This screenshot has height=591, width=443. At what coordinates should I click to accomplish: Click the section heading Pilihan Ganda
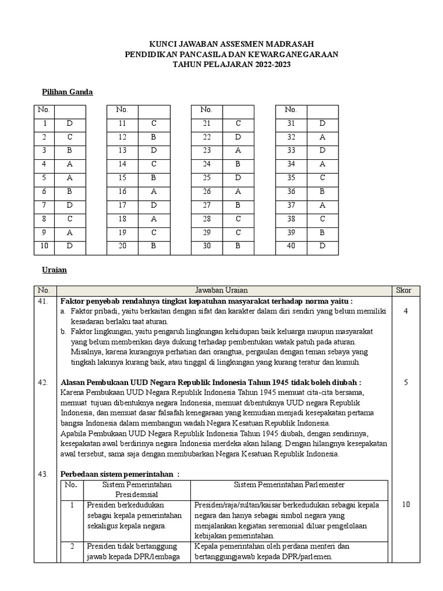pos(67,92)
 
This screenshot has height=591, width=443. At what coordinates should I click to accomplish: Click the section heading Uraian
pos(54,270)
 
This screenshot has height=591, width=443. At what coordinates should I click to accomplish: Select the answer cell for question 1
pos(70,124)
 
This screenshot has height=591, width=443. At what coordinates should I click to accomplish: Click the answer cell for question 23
pos(238,151)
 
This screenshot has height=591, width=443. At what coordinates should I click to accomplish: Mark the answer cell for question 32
pos(322,137)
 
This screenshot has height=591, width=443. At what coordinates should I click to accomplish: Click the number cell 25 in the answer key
pos(207,178)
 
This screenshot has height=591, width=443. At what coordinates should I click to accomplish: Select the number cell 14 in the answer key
pos(122,164)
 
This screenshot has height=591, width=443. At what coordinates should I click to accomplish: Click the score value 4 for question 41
pos(406,311)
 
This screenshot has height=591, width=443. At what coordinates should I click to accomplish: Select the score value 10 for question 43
pos(406,504)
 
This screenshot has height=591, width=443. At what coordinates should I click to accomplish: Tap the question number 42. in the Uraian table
pos(43,382)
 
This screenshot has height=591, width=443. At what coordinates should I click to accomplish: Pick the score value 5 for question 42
pos(406,382)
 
